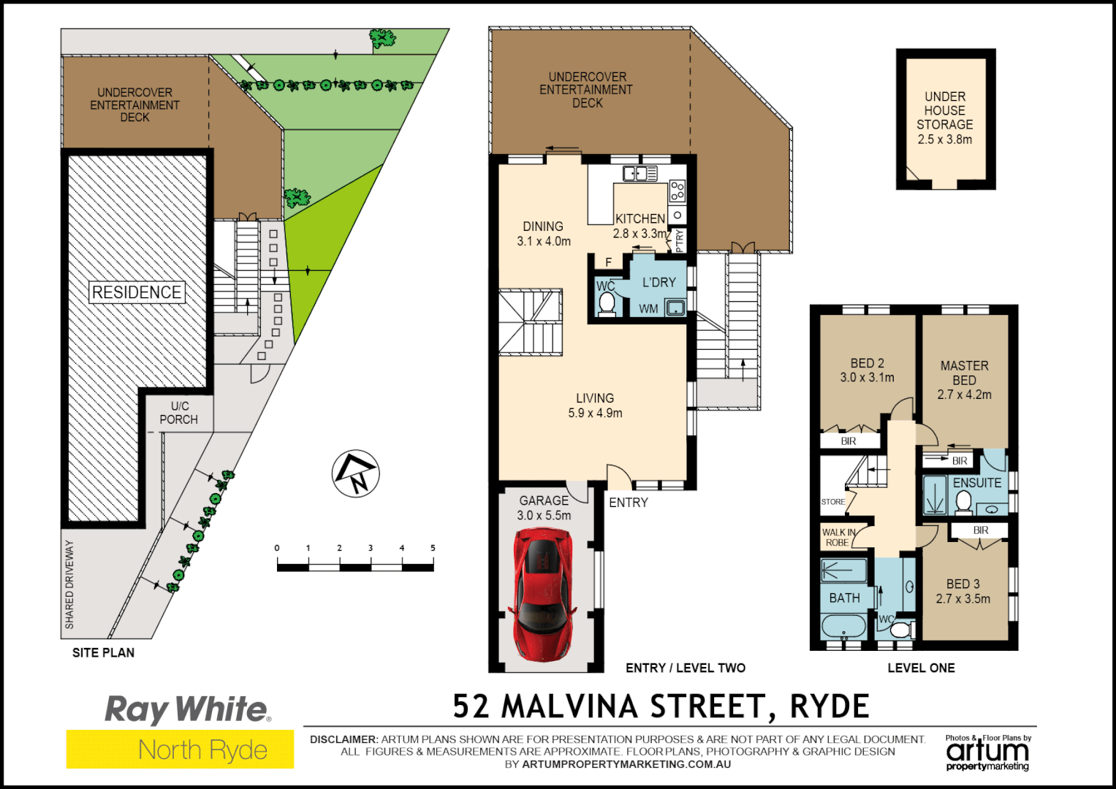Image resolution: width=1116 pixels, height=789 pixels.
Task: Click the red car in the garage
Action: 544,593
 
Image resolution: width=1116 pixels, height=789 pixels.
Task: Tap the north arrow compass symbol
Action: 356,473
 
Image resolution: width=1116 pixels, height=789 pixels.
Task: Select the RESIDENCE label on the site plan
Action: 137,292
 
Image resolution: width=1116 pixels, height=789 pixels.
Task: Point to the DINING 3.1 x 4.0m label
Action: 544,234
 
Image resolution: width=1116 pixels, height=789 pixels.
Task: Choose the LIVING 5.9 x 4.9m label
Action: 595,405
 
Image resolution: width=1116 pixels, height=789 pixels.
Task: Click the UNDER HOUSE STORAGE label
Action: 945,118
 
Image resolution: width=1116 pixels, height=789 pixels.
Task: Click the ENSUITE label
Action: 977,483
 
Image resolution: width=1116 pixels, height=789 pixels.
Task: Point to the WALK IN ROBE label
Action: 838,538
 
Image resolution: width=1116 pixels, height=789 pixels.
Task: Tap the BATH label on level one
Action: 844,598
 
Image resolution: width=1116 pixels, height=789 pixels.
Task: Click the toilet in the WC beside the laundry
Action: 607,303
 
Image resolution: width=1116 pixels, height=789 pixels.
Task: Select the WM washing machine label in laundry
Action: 648,309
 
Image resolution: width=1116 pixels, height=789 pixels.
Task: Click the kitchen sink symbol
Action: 639,173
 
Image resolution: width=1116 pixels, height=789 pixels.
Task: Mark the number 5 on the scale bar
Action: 433,548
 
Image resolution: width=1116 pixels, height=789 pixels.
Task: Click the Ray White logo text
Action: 188,709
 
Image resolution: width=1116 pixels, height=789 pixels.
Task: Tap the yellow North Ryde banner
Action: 181,750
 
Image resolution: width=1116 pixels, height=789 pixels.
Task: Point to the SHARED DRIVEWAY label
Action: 70,584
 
